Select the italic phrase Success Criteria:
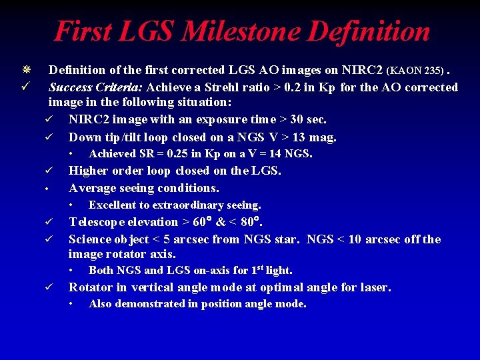(x=95, y=87)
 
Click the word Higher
(x=89, y=171)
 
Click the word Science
(x=90, y=239)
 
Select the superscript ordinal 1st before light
(x=257, y=269)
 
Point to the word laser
(x=373, y=287)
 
